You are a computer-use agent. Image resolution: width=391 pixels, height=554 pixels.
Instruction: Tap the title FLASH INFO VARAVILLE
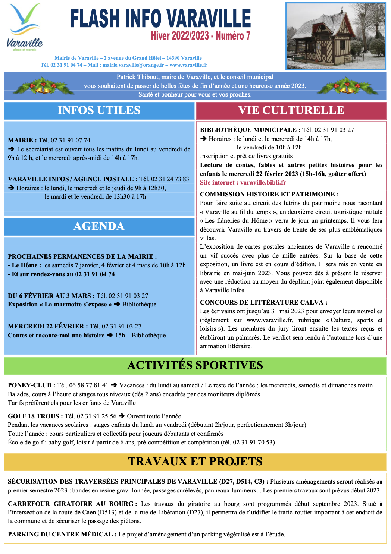tap(160, 19)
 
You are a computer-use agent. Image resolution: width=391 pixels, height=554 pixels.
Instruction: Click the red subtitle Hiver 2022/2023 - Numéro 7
tap(200, 36)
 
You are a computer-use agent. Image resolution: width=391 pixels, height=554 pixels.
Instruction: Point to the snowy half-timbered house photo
tap(335, 36)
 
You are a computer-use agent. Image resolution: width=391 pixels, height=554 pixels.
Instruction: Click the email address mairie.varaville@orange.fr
tap(133, 65)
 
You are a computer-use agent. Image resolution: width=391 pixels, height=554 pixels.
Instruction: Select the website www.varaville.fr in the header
tap(188, 65)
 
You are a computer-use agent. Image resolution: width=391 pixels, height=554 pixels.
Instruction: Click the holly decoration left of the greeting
tap(43, 86)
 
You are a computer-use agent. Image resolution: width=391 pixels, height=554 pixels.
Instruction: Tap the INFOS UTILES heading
tap(99, 110)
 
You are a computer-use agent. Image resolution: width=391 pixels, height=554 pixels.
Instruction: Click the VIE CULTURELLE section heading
tap(291, 110)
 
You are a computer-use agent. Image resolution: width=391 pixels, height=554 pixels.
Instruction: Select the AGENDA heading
tap(99, 226)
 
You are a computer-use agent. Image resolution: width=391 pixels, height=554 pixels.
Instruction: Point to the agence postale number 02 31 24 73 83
tap(169, 179)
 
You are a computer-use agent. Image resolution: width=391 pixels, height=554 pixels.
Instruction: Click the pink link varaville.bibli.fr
tap(263, 183)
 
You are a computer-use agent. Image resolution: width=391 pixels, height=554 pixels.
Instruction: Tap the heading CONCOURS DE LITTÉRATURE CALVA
tap(263, 303)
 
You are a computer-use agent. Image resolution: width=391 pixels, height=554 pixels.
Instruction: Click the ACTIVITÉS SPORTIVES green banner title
tap(195, 365)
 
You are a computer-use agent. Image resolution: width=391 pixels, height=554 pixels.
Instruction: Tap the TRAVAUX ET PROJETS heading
tap(195, 462)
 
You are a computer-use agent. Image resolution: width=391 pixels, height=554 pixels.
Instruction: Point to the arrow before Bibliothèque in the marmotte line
tap(117, 305)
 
